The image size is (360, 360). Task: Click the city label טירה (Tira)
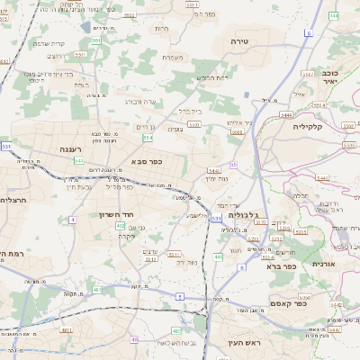coord(239,41)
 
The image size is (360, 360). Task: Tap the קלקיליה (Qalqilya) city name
coord(333,127)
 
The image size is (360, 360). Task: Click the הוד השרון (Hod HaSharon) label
coord(117,215)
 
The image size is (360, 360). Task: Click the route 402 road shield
coord(121,226)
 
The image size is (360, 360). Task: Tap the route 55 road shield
coord(233,165)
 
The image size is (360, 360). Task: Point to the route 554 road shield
coord(148,138)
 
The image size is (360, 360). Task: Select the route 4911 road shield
coord(67,330)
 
